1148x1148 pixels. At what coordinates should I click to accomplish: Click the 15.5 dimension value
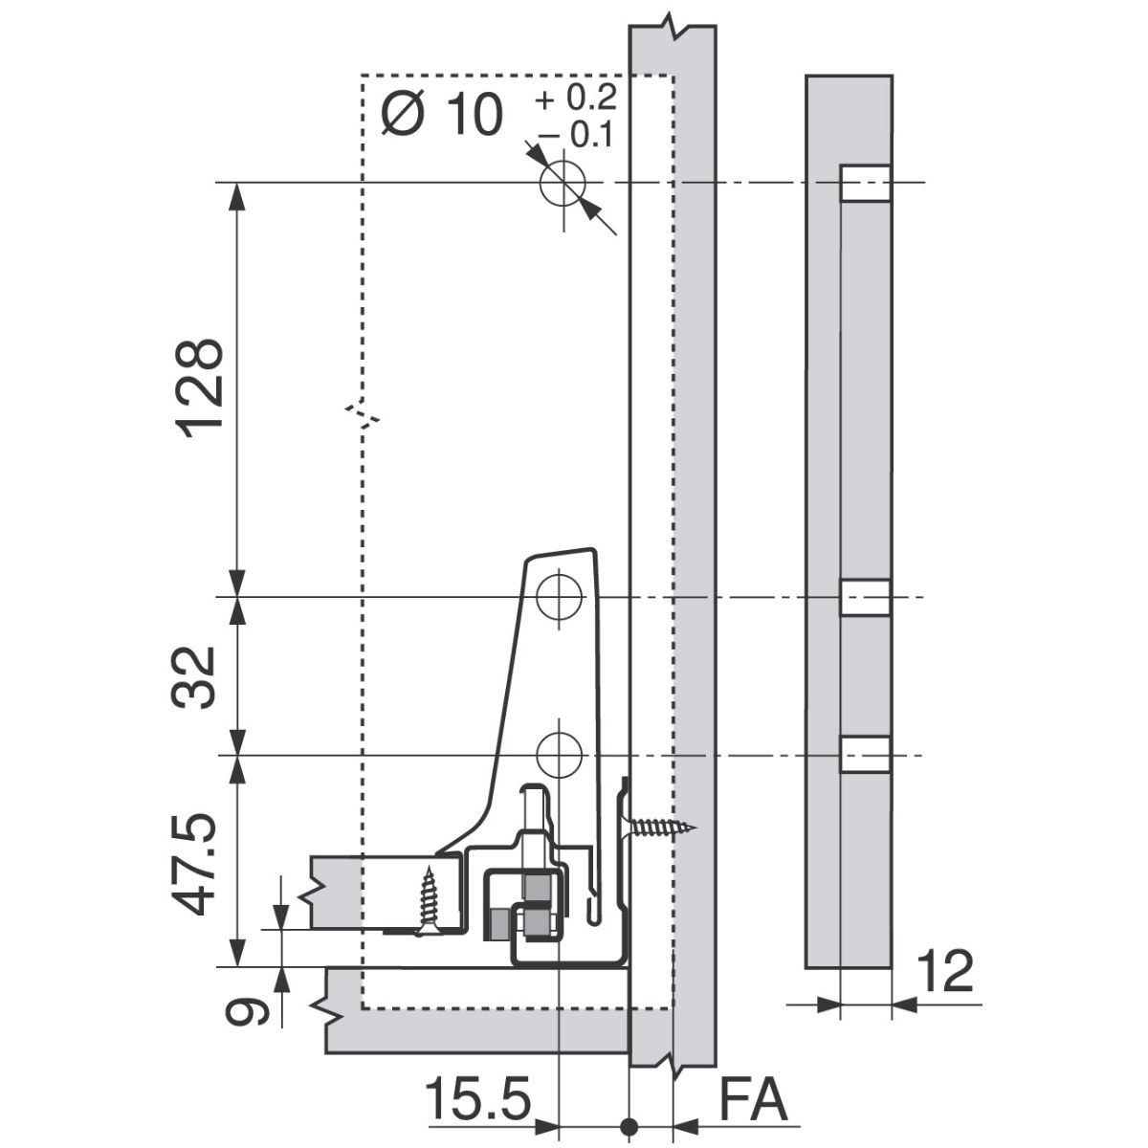478,1098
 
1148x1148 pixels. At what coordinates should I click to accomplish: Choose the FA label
754,1099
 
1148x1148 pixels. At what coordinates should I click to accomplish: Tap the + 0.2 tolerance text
576,98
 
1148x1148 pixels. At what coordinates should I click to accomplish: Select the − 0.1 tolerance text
576,135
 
